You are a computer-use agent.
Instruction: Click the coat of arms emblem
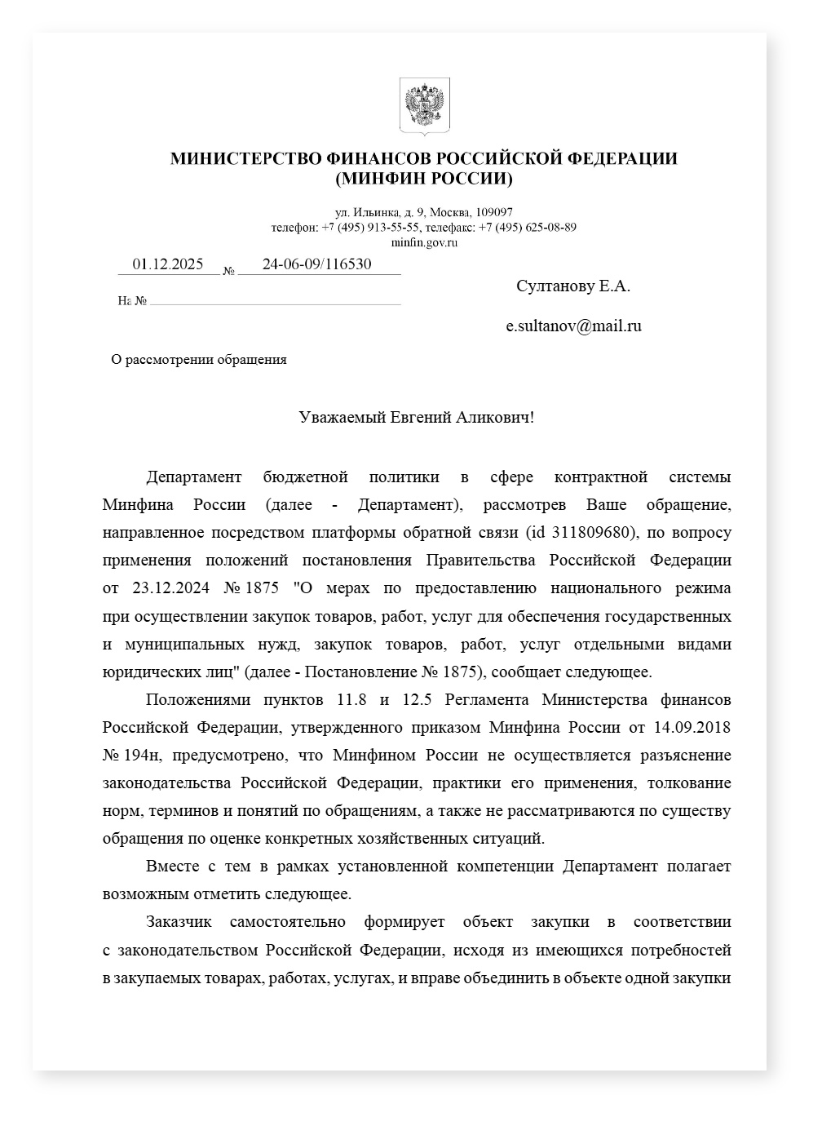[x=424, y=105]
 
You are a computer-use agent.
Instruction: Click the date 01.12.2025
[x=168, y=264]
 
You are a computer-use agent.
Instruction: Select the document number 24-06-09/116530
[x=316, y=264]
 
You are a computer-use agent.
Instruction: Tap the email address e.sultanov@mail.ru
[x=573, y=326]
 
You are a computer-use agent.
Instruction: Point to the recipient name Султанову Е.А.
[x=573, y=286]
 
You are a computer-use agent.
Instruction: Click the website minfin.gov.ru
[x=424, y=242]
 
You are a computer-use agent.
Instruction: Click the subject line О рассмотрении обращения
[x=199, y=360]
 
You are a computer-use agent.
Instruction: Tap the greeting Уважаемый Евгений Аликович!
[x=417, y=418]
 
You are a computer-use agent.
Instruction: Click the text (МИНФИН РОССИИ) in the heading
[x=424, y=179]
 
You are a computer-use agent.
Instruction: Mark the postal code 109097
[x=493, y=212]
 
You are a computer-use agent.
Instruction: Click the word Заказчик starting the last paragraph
[x=179, y=922]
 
